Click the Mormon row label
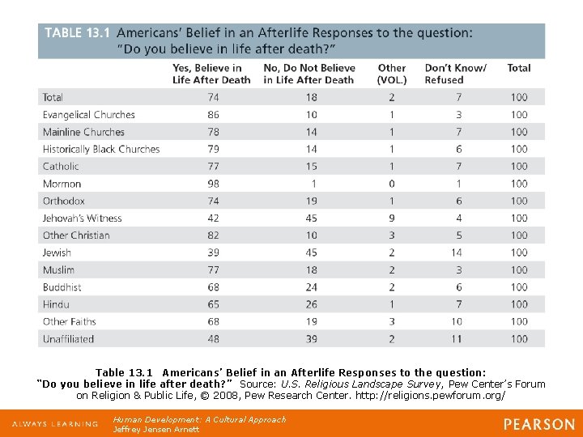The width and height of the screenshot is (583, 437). pyautogui.click(x=62, y=184)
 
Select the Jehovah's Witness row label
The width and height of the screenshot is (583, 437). pyautogui.click(x=82, y=218)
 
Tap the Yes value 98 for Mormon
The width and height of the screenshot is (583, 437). pyautogui.click(x=213, y=184)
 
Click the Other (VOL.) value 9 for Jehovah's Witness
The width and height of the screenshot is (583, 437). pyautogui.click(x=392, y=218)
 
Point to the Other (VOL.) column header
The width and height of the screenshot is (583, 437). pyautogui.click(x=392, y=74)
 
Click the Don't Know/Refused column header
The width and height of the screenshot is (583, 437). pyautogui.click(x=455, y=74)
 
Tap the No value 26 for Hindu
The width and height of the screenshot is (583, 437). pyautogui.click(x=312, y=304)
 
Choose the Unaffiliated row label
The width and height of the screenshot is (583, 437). pyautogui.click(x=68, y=339)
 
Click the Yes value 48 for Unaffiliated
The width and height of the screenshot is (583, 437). pyautogui.click(x=213, y=339)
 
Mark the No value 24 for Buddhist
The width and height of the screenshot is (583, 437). pyautogui.click(x=312, y=287)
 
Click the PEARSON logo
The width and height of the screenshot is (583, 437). pyautogui.click(x=539, y=424)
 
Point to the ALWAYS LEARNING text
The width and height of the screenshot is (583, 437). pyautogui.click(x=52, y=425)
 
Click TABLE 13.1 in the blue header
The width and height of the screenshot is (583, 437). pyautogui.click(x=75, y=33)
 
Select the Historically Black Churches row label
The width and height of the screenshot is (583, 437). pyautogui.click(x=101, y=149)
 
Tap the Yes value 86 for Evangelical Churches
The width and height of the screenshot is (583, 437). pyautogui.click(x=213, y=115)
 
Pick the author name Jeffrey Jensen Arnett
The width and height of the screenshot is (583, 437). pyautogui.click(x=156, y=429)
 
